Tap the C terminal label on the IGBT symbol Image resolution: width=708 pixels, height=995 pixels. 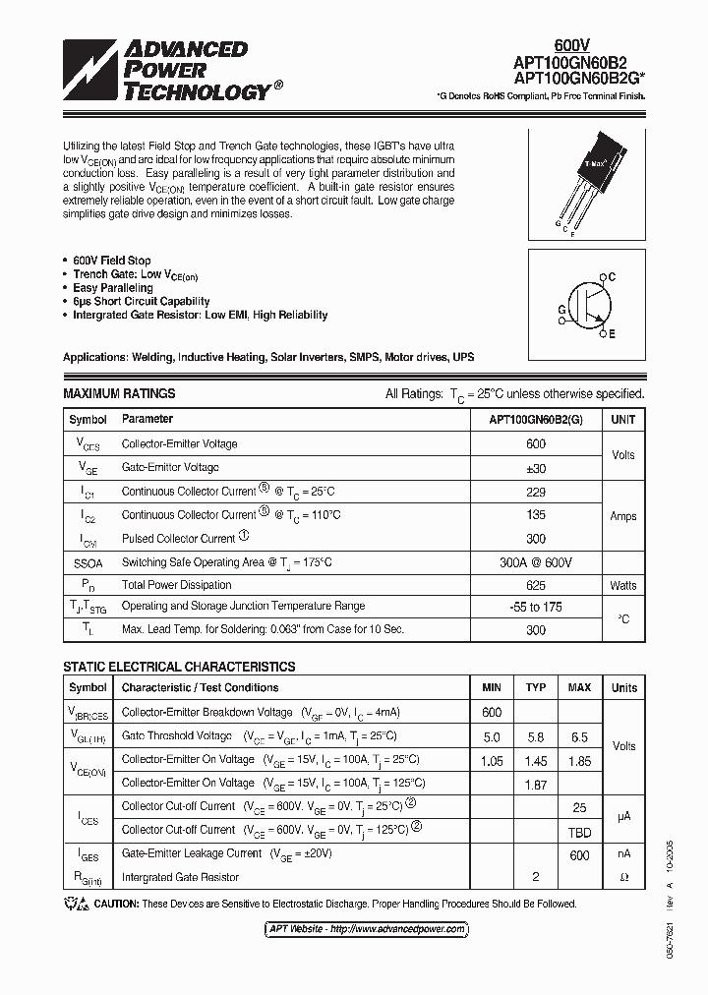point(611,277)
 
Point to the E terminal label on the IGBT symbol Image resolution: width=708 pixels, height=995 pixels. point(611,334)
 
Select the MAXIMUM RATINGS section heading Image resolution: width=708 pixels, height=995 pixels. point(119,393)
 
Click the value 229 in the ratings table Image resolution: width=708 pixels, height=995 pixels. point(536,491)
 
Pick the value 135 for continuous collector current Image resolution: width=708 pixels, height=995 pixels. point(536,514)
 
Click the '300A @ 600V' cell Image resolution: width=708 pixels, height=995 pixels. point(536,561)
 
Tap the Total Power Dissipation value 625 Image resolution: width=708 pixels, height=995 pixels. point(536,585)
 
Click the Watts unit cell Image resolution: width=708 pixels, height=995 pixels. point(623,585)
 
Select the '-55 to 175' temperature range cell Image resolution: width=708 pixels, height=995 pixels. point(536,608)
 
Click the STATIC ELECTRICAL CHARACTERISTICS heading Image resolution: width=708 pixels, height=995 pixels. point(179,667)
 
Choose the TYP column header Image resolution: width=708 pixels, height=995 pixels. point(536,688)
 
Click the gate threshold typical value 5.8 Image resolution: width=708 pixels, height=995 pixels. point(536,736)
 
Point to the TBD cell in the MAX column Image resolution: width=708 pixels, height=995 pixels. point(579,830)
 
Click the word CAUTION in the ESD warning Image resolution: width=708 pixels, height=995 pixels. point(119,904)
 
